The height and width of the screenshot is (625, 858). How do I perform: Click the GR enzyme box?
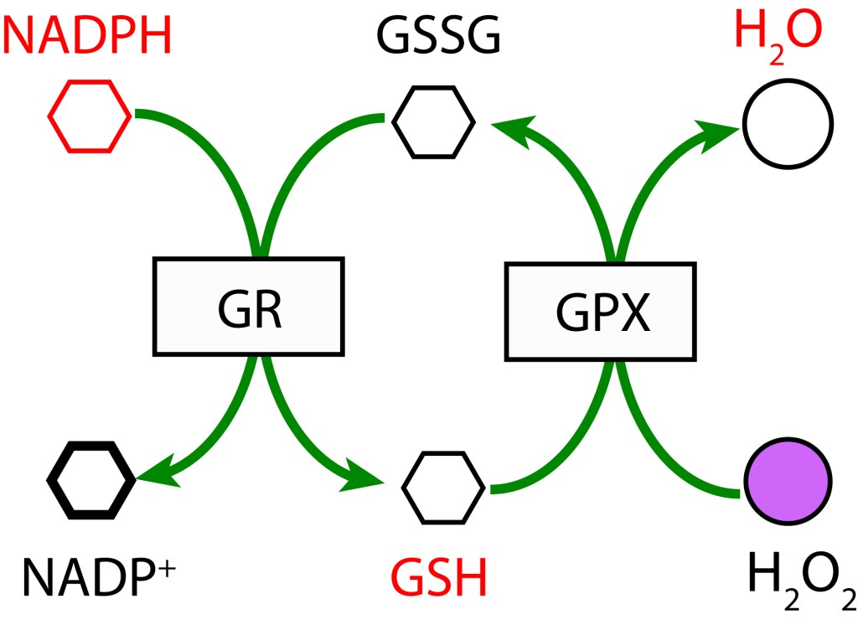click(x=248, y=304)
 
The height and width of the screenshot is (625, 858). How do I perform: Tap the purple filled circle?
click(x=788, y=483)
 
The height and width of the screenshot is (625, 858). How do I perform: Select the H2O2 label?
click(x=799, y=580)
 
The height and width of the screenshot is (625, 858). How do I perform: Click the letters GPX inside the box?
click(x=601, y=315)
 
